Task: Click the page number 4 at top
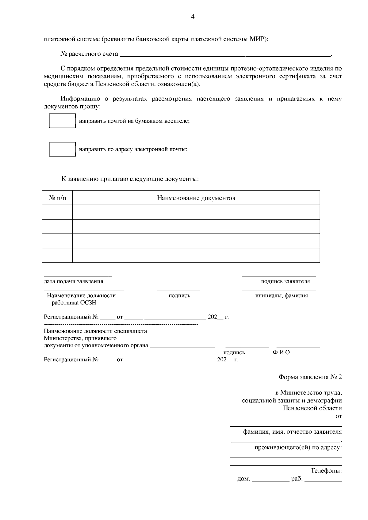(193, 17)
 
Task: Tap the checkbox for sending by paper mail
(62, 121)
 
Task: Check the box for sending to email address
(62, 149)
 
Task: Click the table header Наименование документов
(196, 198)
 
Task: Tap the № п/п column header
(57, 198)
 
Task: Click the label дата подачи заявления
(74, 281)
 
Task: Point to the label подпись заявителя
(285, 281)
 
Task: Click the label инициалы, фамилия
(282, 296)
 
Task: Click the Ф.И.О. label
(282, 352)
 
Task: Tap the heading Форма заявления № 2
(310, 377)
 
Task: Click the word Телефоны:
(326, 471)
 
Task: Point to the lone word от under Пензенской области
(339, 416)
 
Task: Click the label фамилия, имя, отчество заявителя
(292, 432)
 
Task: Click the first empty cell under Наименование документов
(196, 212)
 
